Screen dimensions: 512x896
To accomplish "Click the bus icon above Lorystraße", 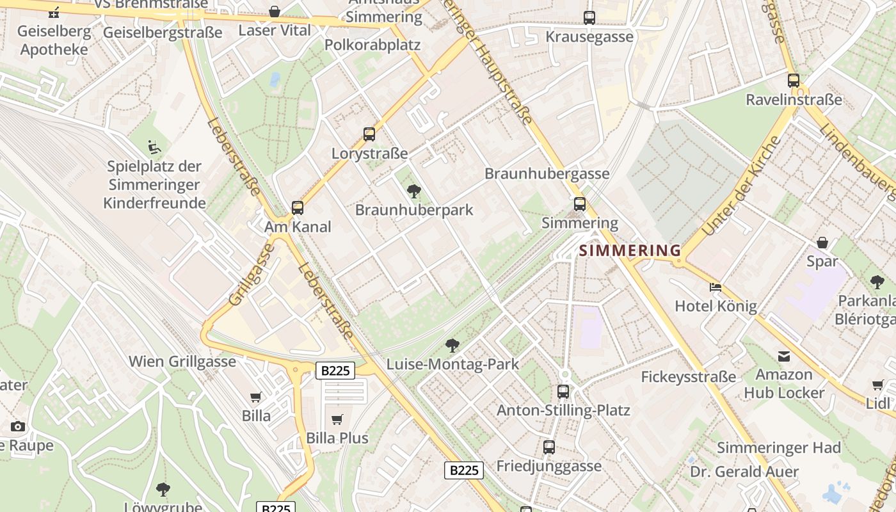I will click(369, 134).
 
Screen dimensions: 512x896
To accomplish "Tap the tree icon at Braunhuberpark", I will click(414, 191).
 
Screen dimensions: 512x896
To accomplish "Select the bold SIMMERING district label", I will click(630, 250).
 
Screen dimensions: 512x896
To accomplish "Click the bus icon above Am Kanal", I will click(298, 207).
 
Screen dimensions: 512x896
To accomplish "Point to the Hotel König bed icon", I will click(716, 287).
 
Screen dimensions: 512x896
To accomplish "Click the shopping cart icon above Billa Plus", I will click(337, 419).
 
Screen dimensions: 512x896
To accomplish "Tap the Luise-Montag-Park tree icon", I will click(452, 346).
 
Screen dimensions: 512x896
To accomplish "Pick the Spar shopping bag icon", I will click(822, 243).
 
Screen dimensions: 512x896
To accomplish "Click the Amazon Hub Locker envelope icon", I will click(784, 356).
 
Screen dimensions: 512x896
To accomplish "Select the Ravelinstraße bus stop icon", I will click(794, 81).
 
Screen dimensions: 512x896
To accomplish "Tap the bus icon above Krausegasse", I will click(589, 18).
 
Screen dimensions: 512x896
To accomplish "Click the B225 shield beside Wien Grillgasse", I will click(335, 370).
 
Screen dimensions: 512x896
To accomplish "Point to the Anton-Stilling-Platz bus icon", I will click(563, 391).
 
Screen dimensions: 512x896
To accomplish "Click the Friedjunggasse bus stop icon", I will click(549, 447).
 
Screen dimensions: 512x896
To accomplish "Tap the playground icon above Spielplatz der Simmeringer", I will click(154, 147).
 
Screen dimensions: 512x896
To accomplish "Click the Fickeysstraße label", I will click(689, 377).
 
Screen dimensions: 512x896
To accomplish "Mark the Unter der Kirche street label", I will click(741, 186).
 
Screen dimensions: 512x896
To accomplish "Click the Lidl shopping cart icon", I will click(878, 385).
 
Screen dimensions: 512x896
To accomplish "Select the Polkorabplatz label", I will click(372, 45).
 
